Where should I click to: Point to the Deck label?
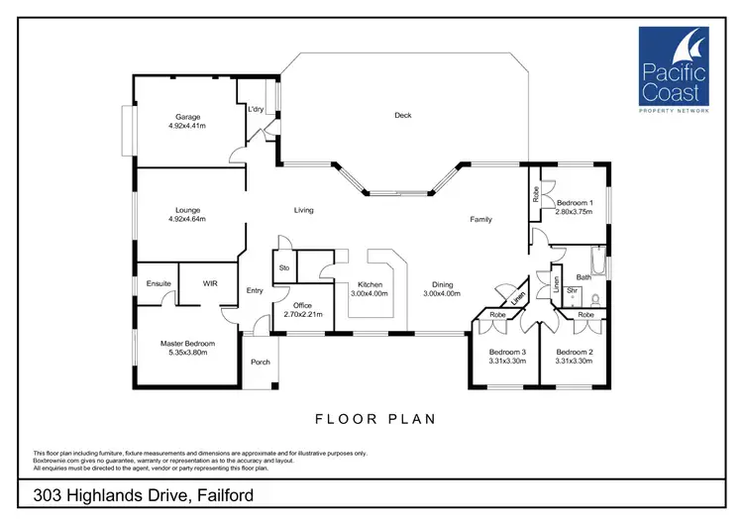tap(402, 116)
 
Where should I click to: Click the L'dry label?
tap(256, 109)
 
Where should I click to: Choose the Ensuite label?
tap(159, 284)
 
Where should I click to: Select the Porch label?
tap(261, 362)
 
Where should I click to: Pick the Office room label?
tap(303, 304)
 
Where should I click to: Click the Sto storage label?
tap(282, 267)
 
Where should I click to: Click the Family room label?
tap(480, 219)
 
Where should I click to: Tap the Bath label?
tap(584, 278)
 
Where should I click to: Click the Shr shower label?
tap(573, 290)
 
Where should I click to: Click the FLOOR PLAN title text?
tap(375, 419)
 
